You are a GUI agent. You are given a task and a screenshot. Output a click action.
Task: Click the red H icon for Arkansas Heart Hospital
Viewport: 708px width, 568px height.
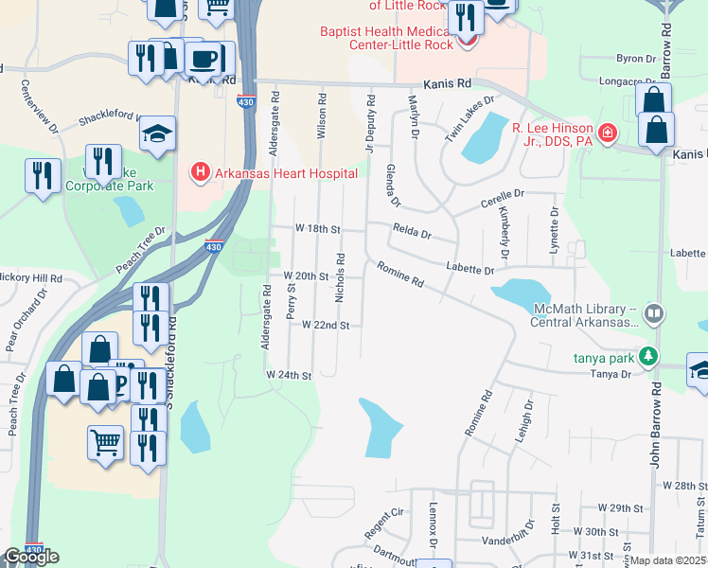pyautogui.click(x=200, y=172)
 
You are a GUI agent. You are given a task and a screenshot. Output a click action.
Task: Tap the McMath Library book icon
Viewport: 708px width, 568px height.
pyautogui.click(x=653, y=312)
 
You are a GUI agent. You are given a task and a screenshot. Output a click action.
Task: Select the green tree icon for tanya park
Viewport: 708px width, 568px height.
pyautogui.click(x=648, y=357)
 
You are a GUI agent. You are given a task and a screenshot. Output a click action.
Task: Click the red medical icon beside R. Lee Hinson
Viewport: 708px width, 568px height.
pyautogui.click(x=607, y=131)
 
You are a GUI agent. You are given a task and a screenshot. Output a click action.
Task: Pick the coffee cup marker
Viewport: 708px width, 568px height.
pyautogui.click(x=204, y=59)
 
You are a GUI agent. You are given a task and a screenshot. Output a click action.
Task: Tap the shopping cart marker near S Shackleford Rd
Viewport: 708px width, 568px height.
pyautogui.click(x=105, y=441)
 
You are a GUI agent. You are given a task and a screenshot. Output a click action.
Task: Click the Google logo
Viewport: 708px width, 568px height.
pyautogui.click(x=30, y=557)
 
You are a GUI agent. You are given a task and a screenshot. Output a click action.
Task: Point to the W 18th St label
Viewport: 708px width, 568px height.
pyautogui.click(x=317, y=229)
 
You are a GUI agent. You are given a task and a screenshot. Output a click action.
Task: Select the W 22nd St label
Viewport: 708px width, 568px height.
pyautogui.click(x=326, y=325)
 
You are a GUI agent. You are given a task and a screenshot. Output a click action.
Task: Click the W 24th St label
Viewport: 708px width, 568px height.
pyautogui.click(x=289, y=376)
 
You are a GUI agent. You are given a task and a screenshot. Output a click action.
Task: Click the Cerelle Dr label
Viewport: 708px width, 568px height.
pyautogui.click(x=502, y=200)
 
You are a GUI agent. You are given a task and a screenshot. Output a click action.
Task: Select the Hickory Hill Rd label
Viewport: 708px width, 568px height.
pyautogui.click(x=30, y=279)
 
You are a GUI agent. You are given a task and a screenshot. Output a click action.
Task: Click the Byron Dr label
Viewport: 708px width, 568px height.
pyautogui.click(x=636, y=58)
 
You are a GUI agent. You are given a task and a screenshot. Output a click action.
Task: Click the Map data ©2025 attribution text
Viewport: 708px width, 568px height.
pyautogui.click(x=668, y=560)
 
